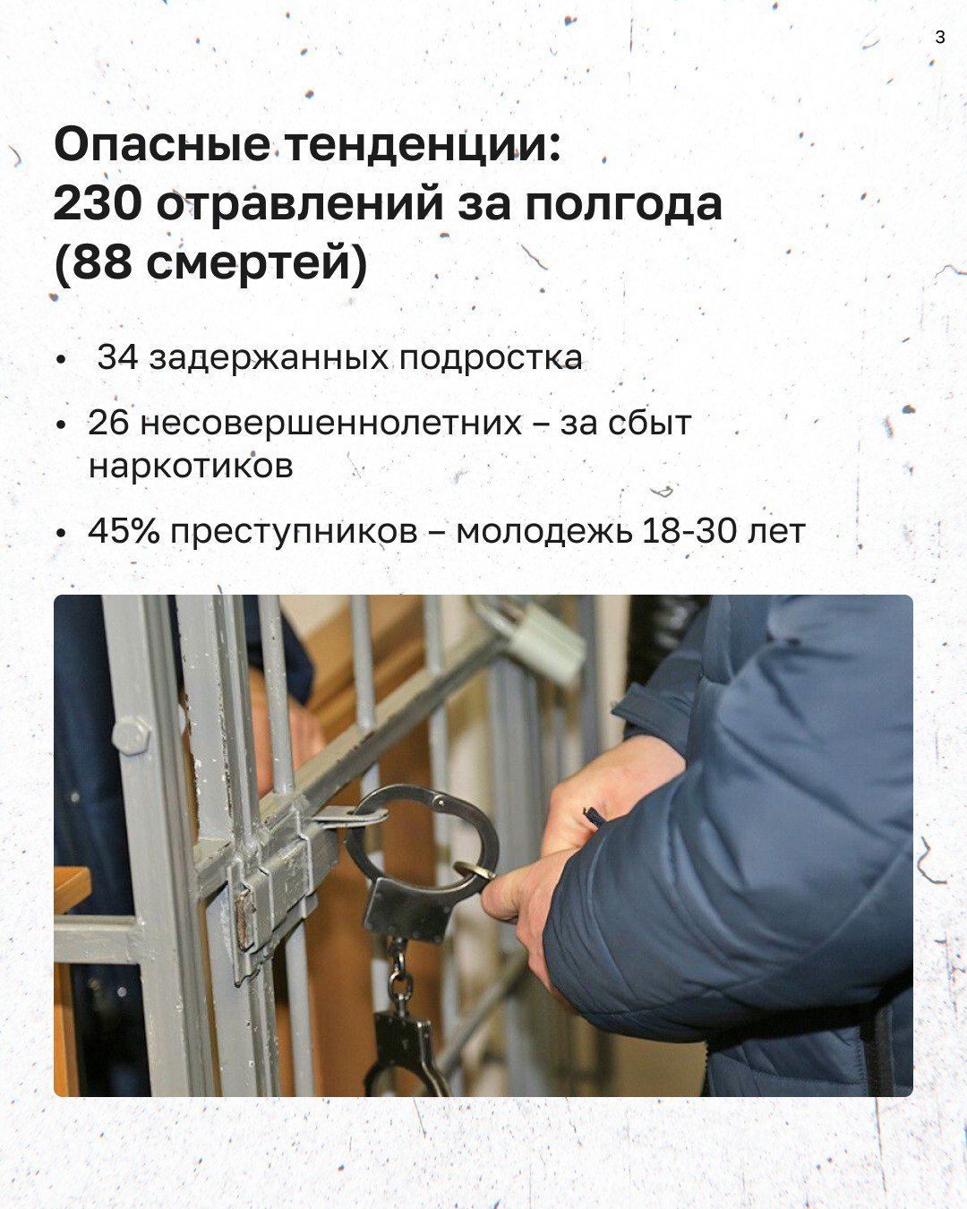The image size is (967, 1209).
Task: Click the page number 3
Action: click(x=939, y=38)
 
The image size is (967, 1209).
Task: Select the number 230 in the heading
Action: click(x=98, y=205)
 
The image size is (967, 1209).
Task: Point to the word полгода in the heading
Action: click(x=623, y=205)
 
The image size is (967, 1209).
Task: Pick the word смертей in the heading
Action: click(x=246, y=264)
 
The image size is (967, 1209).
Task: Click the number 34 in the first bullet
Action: click(x=117, y=357)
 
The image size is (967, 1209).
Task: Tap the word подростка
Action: click(x=490, y=357)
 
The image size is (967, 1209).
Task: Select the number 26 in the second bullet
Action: click(x=108, y=423)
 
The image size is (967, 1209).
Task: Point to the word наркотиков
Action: click(x=190, y=466)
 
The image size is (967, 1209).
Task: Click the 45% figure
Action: click(x=124, y=531)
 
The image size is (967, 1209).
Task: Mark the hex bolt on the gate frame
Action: click(x=132, y=736)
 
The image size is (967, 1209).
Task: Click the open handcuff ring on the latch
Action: click(x=421, y=833)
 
